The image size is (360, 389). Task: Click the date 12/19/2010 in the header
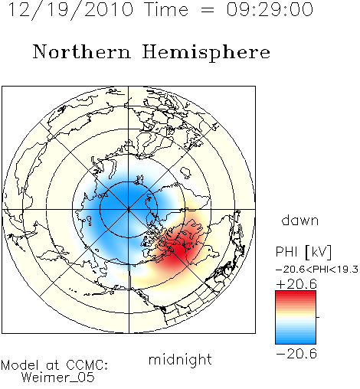coord(70,10)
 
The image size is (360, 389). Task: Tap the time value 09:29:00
coord(270,10)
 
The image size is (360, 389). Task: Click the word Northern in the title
coord(82,51)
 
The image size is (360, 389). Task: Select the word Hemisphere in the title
coord(206,53)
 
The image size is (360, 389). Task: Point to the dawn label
coord(300,220)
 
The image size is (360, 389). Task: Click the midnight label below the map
coord(180,359)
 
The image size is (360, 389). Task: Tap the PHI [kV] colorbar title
coord(303,252)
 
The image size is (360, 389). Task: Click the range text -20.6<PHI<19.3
coord(317,270)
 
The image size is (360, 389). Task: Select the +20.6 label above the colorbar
coord(296,284)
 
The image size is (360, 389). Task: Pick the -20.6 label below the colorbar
coord(296,354)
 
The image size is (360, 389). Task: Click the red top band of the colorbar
coord(296,296)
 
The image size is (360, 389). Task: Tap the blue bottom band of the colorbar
coord(296,339)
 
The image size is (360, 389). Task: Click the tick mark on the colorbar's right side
coord(318,317)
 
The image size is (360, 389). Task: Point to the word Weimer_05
coord(58,378)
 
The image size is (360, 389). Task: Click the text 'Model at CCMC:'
coord(54,365)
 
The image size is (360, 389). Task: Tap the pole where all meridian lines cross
coord(129,209)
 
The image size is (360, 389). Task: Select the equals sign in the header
coord(208,10)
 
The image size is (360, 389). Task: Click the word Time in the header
coord(166,10)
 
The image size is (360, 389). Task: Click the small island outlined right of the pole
coord(185,173)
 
